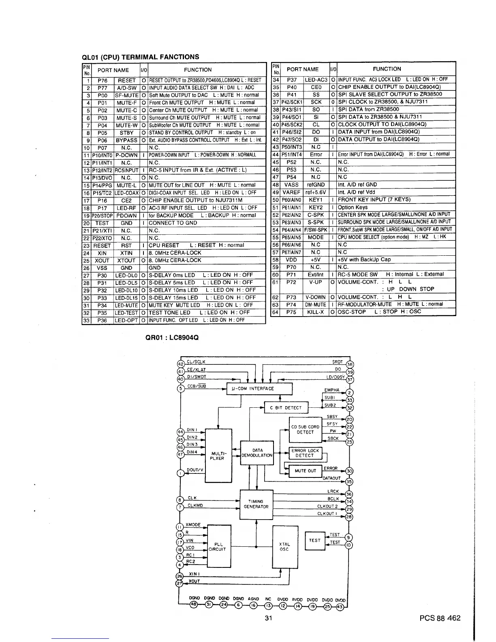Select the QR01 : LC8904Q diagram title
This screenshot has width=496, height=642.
(172, 337)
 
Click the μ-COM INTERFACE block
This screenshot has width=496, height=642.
(259, 389)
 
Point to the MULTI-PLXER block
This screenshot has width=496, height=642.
(219, 456)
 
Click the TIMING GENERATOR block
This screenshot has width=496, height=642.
(256, 504)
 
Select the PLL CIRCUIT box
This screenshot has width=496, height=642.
(219, 547)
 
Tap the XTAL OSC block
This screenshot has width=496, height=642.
(284, 547)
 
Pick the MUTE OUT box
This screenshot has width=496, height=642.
(306, 471)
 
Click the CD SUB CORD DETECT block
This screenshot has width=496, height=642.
(305, 429)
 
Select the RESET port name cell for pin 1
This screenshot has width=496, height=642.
(126, 80)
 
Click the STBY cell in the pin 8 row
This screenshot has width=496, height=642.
(126, 133)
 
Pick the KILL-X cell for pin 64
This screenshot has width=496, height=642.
(315, 312)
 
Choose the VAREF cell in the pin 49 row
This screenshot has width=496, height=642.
(292, 192)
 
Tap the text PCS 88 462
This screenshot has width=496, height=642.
(440, 618)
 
